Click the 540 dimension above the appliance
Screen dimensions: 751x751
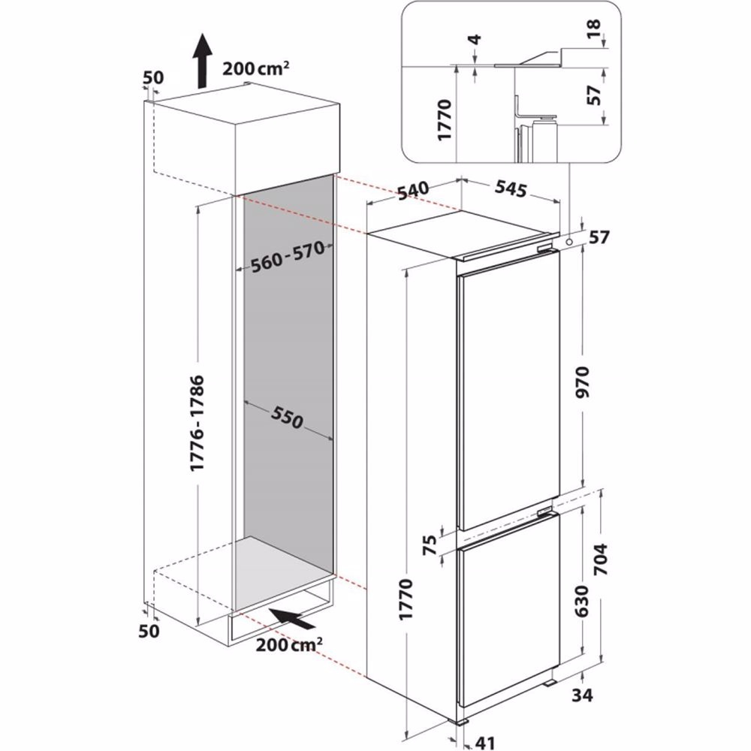(413, 192)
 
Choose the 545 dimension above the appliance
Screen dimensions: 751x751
(510, 190)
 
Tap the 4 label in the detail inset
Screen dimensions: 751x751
(475, 40)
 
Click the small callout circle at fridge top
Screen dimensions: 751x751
(571, 242)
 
